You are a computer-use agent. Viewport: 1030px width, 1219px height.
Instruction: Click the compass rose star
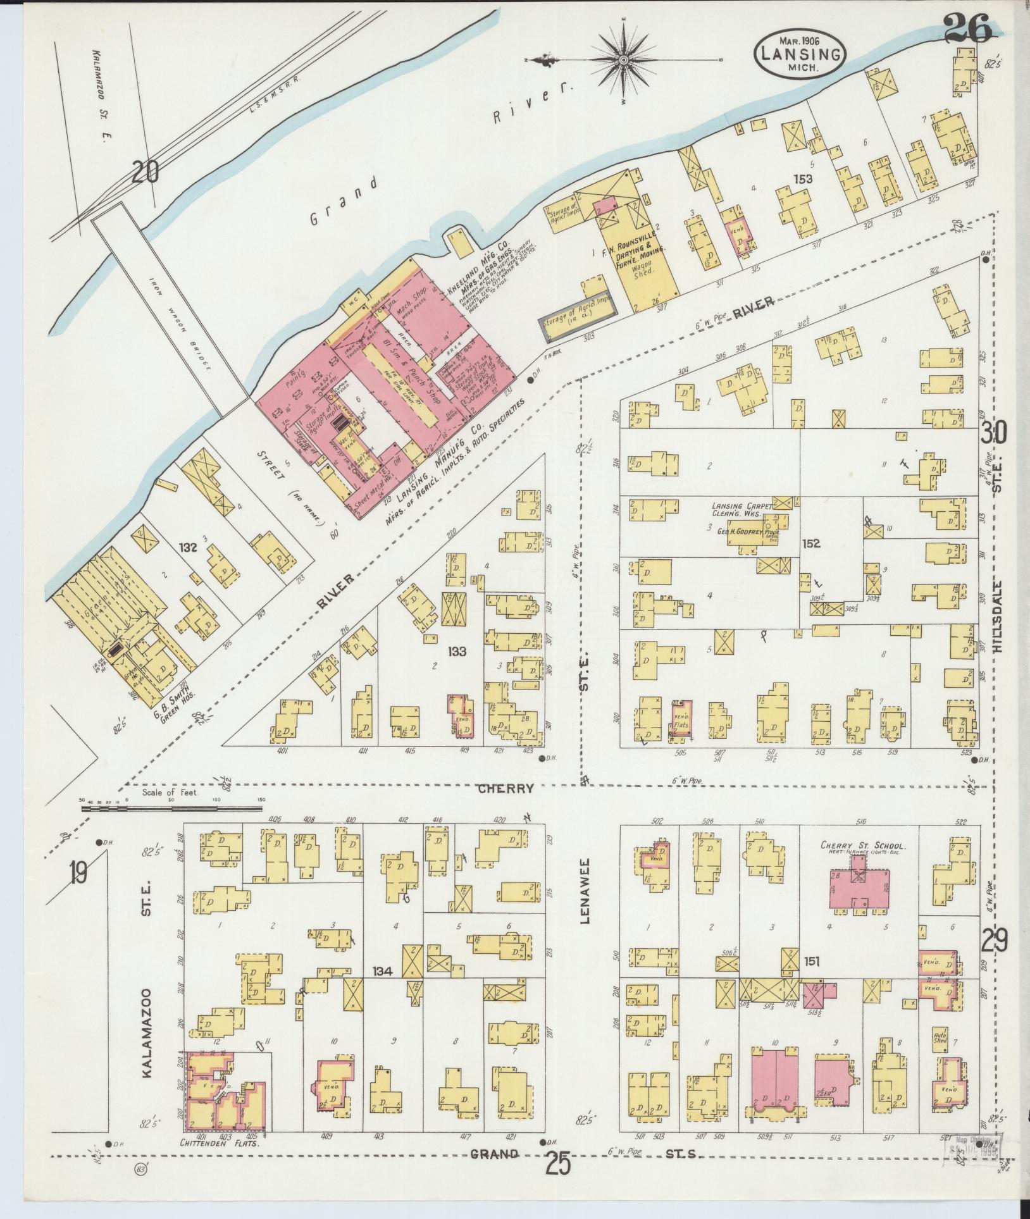point(623,60)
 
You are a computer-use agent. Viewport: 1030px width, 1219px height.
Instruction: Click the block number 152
point(812,543)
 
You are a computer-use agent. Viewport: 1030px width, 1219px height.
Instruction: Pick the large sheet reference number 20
point(147,171)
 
